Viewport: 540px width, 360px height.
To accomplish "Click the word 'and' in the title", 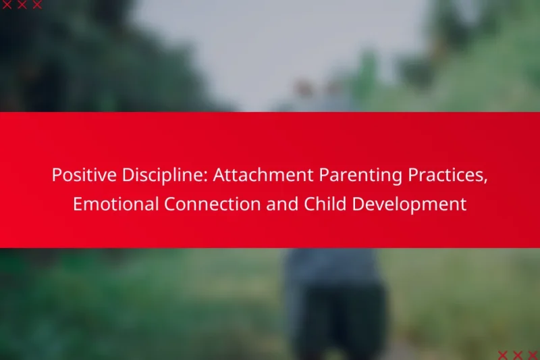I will [x=278, y=205].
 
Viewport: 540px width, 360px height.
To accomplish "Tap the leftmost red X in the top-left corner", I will [x=7, y=5].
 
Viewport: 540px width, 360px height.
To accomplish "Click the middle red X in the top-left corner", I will [x=22, y=5].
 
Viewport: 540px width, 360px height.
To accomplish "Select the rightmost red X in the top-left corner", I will [x=37, y=5].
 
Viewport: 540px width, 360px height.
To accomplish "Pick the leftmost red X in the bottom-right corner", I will [x=502, y=355].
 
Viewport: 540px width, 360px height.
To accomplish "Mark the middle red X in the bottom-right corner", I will [x=517, y=355].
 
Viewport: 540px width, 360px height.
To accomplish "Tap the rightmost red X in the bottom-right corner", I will [x=532, y=355].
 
